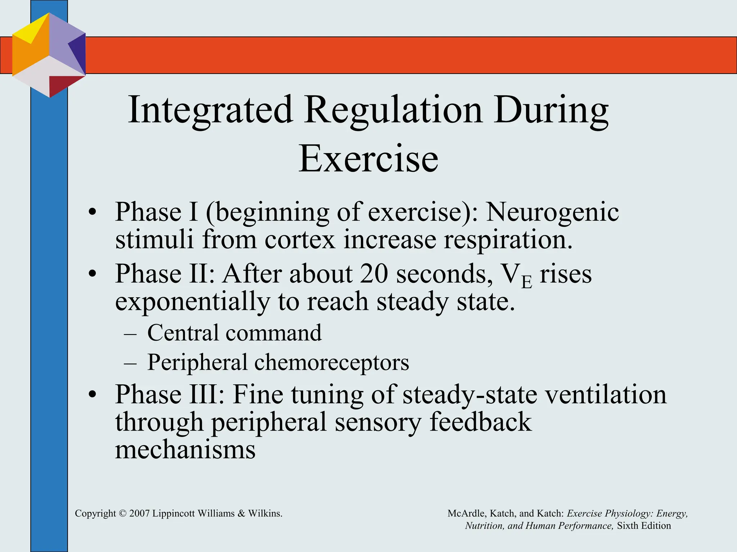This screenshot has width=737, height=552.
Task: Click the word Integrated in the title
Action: [210, 110]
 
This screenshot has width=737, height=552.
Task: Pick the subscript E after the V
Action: [526, 282]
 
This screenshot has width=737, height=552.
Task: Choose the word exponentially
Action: [192, 302]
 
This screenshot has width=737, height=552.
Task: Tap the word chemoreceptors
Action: [332, 363]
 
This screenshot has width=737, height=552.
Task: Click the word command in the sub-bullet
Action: [273, 333]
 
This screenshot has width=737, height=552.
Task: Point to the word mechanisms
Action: [185, 450]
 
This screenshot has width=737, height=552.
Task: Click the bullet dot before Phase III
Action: [93, 394]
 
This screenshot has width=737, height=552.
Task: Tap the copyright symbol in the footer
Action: [123, 514]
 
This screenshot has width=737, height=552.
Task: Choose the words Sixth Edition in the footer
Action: [644, 526]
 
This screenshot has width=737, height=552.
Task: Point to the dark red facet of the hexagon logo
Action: [61, 85]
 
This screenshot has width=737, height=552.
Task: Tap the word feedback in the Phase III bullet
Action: [480, 422]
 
